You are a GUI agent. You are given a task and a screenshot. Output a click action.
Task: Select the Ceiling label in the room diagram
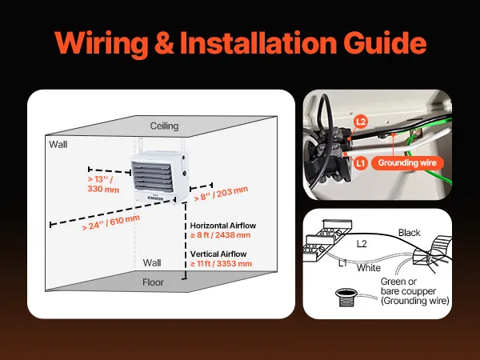coord(165,126)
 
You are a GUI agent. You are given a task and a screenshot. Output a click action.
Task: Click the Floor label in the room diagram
coord(153,282)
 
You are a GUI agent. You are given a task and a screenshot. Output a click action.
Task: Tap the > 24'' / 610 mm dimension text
coord(110,223)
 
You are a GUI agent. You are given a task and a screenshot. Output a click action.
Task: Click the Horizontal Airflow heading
coord(222,226)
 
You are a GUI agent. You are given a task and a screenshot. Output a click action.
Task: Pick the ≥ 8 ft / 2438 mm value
coord(222,236)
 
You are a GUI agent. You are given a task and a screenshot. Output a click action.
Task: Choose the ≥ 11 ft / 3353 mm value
coord(222,262)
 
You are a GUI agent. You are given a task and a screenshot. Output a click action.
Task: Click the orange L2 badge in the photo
coord(361,122)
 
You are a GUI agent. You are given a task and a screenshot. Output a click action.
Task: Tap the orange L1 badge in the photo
coord(361,162)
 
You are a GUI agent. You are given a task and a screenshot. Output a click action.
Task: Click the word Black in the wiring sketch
coord(409,233)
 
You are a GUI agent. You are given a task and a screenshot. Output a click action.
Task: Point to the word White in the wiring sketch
coord(369,267)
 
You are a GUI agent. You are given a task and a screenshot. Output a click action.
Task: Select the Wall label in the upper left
coord(58,145)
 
